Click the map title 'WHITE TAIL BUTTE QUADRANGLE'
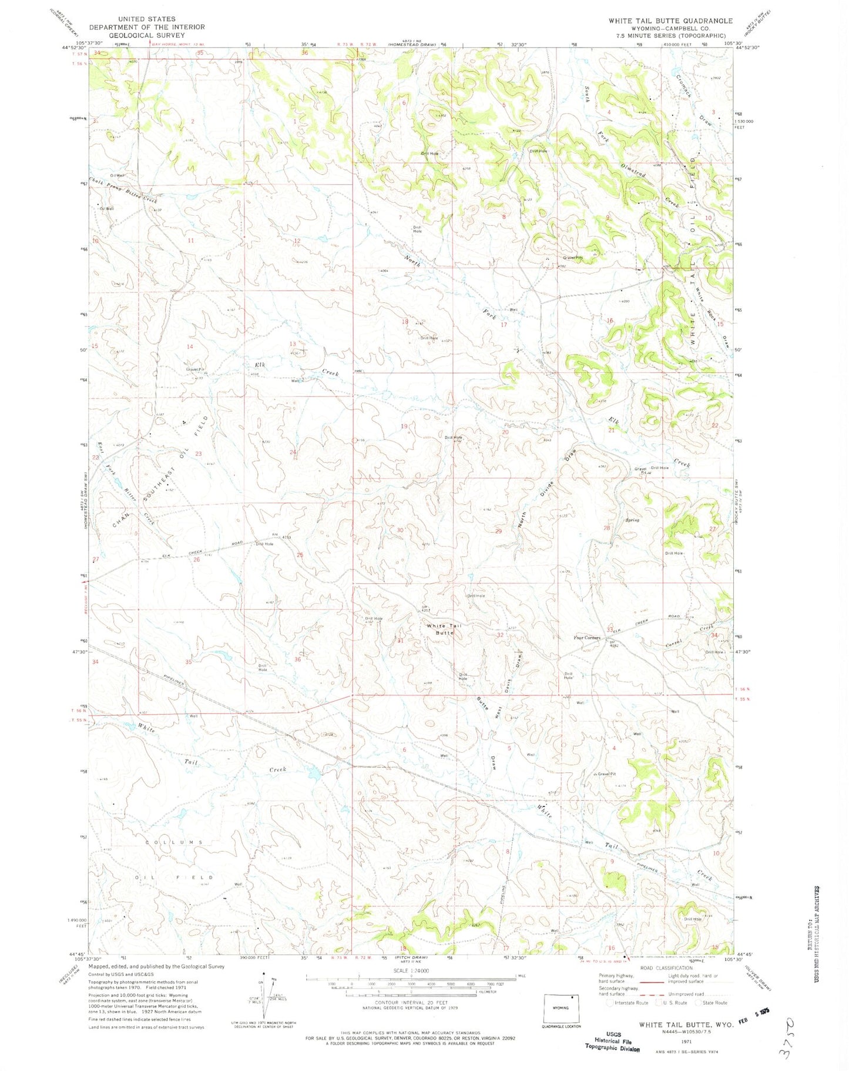670,21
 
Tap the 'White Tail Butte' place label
444,629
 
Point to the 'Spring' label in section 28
632,520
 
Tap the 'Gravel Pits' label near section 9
573,258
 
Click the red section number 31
401,640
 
